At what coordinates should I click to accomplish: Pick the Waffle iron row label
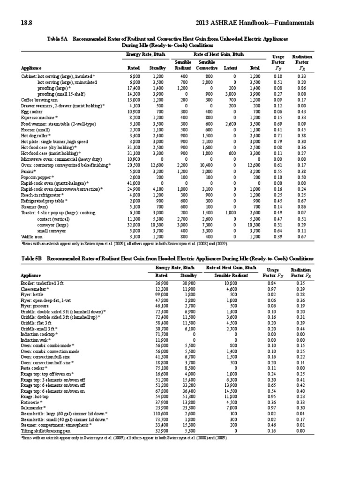click(x=32, y=237)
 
